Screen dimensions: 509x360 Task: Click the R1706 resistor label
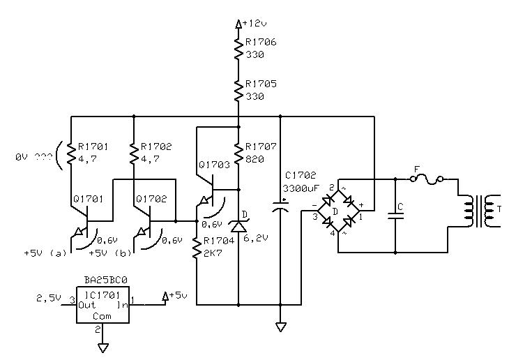coord(261,42)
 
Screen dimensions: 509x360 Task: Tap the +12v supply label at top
coord(254,24)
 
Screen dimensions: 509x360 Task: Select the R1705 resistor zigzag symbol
coord(238,91)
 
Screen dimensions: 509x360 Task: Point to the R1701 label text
coord(93,147)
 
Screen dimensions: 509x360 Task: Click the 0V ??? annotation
coord(33,157)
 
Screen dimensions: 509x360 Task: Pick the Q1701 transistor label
coord(88,199)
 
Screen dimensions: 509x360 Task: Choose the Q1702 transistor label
coord(151,199)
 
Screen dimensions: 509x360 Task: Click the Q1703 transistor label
coord(214,165)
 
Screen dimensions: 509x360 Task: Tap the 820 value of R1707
coord(254,159)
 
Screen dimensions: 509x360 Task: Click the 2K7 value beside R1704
coord(213,253)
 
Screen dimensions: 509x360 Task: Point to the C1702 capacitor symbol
coord(280,207)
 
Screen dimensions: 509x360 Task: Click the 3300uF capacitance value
coord(301,188)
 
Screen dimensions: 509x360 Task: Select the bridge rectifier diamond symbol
coord(339,211)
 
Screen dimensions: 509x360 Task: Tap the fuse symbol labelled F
coord(427,179)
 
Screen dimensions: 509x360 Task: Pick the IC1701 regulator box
coord(103,305)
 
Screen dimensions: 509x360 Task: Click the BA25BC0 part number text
coord(106,280)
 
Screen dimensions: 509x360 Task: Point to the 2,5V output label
coord(49,298)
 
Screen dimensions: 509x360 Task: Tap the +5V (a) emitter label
coord(45,253)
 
